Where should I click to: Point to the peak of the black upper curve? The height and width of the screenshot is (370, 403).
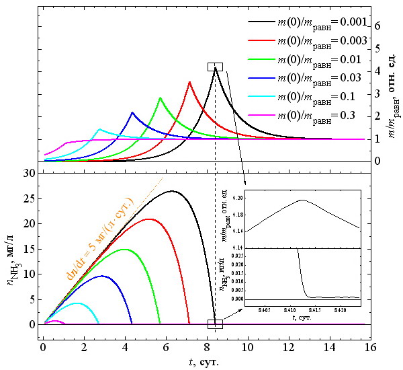[215, 68]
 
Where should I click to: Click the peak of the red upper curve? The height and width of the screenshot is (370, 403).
[189, 82]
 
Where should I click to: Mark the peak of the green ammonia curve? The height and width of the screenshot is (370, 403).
[125, 249]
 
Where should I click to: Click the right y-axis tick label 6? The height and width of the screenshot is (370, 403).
[377, 26]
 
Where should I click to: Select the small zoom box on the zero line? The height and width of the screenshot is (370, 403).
[215, 324]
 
